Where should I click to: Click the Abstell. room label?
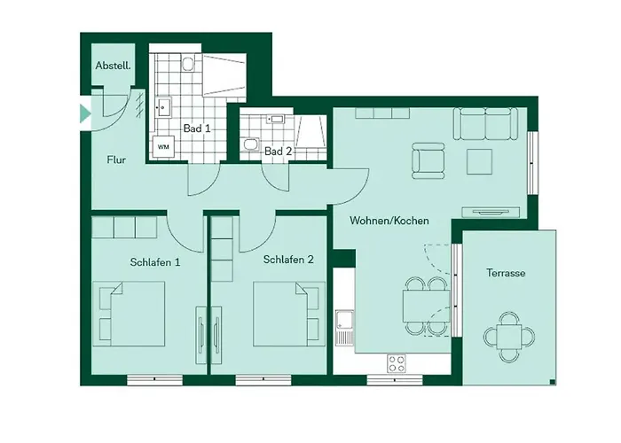[x=114, y=66]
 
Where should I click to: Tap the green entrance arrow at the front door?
[x=85, y=113]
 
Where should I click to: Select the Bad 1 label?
[x=197, y=128]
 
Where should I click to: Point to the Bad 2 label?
[x=278, y=152]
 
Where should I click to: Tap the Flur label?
[x=116, y=161]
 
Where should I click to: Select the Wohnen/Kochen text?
[x=389, y=221]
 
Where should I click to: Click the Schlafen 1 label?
[x=155, y=261]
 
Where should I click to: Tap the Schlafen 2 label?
[x=288, y=260]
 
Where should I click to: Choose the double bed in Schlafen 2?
[x=285, y=314]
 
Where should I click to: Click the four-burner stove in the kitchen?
[x=397, y=362]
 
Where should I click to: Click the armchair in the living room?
[x=428, y=162]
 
